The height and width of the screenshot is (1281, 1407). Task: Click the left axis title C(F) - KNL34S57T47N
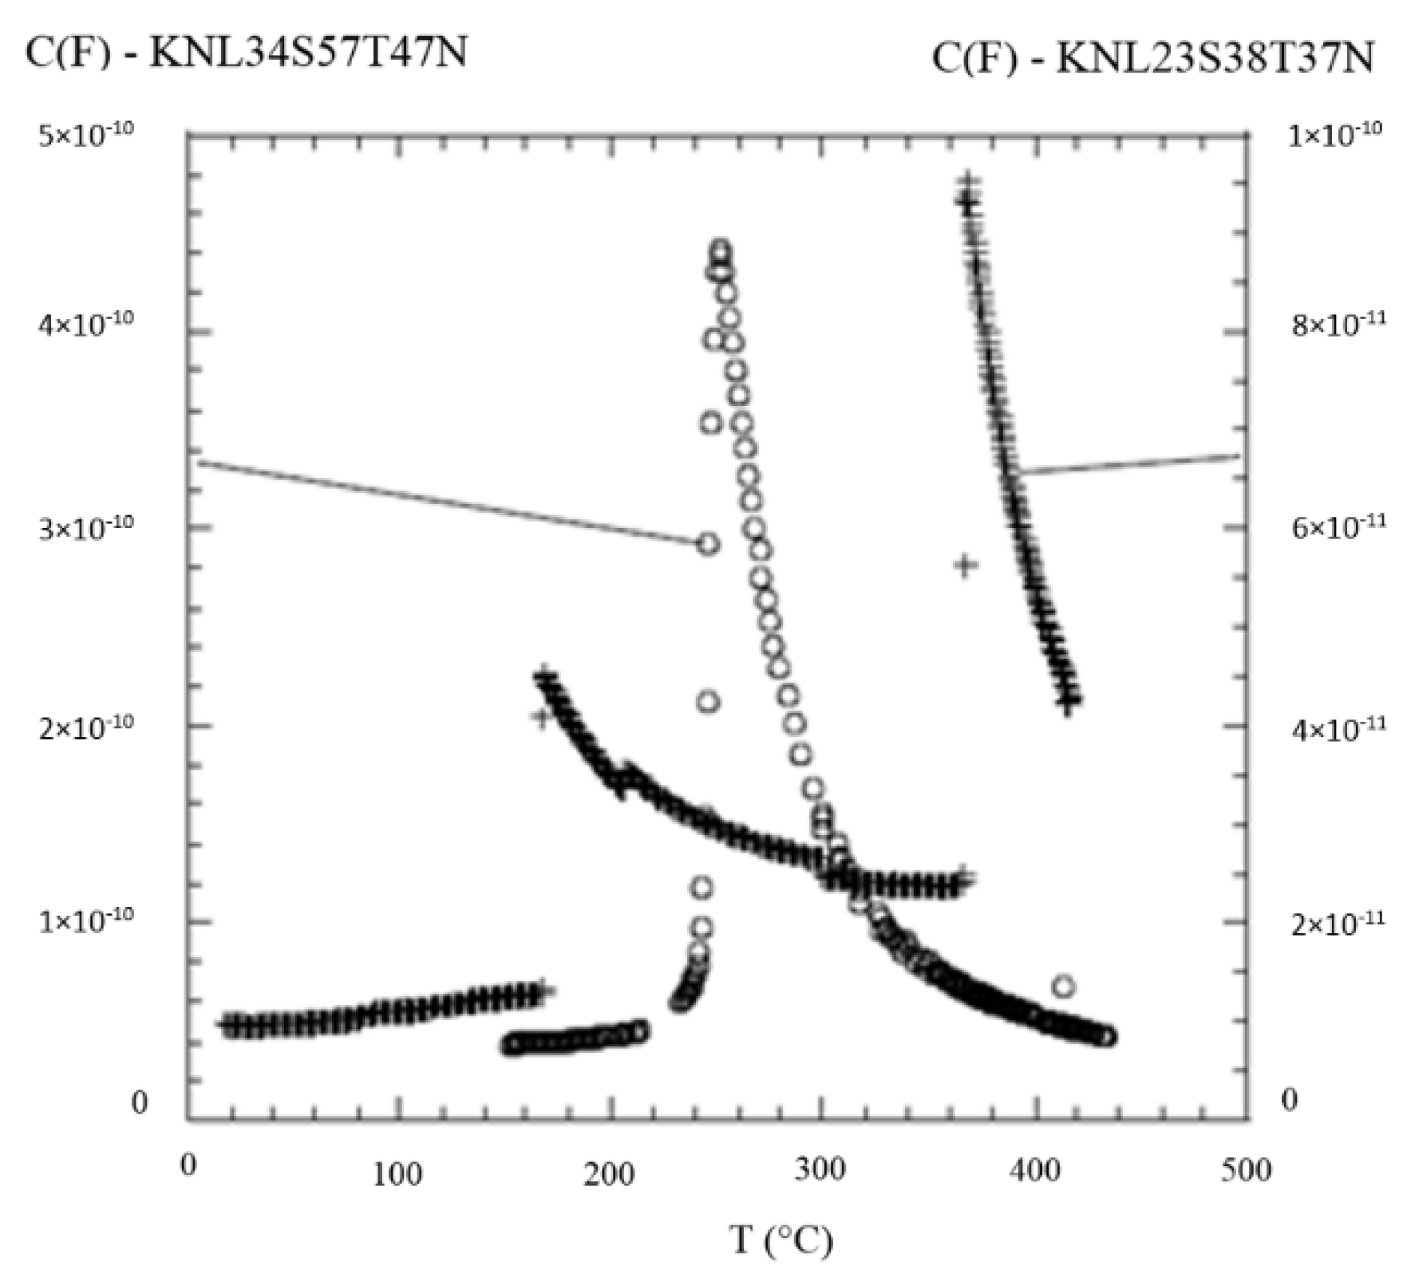(246, 54)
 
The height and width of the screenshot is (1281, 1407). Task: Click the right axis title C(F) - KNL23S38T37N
(1152, 58)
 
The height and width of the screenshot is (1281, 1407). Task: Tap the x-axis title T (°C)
(781, 1240)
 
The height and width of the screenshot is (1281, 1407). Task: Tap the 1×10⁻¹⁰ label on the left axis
(86, 921)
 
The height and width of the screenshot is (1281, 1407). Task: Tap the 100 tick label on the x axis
(398, 1174)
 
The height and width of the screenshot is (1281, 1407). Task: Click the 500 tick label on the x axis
(1246, 1170)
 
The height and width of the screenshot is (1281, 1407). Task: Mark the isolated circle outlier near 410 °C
(1062, 987)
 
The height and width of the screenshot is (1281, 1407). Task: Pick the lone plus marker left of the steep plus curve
(966, 565)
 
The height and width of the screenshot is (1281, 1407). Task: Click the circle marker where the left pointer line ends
(708, 545)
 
